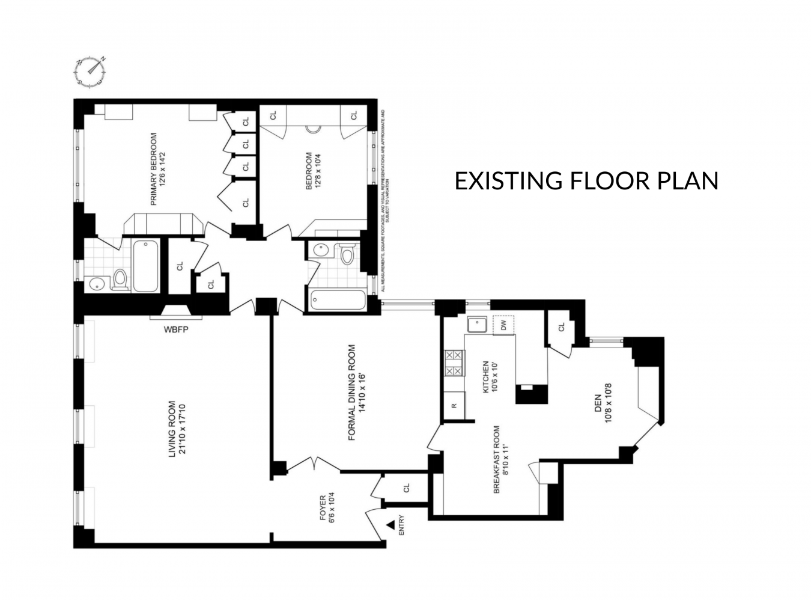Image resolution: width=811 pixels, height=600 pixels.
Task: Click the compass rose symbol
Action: [x=91, y=71]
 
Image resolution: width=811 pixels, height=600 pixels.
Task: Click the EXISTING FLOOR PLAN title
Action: [x=586, y=180]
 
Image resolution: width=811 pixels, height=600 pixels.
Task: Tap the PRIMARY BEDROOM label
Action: [x=158, y=169]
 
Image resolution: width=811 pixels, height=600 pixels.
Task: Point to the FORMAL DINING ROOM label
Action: [x=357, y=393]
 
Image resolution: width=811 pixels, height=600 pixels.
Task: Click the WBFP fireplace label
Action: [x=177, y=329]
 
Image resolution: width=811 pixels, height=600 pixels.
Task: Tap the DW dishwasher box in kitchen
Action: [x=503, y=325]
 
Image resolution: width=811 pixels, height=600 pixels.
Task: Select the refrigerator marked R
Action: [x=454, y=405]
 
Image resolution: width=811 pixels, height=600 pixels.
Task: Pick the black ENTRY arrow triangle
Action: [x=390, y=525]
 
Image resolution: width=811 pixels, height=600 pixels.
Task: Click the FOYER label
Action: [x=327, y=508]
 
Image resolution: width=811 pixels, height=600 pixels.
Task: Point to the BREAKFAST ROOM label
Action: [x=501, y=459]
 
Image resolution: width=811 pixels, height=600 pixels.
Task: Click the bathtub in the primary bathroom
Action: [x=145, y=266]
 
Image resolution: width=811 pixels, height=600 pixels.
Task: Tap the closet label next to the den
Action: [x=562, y=328]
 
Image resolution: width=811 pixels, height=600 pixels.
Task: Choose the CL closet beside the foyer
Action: [x=405, y=488]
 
